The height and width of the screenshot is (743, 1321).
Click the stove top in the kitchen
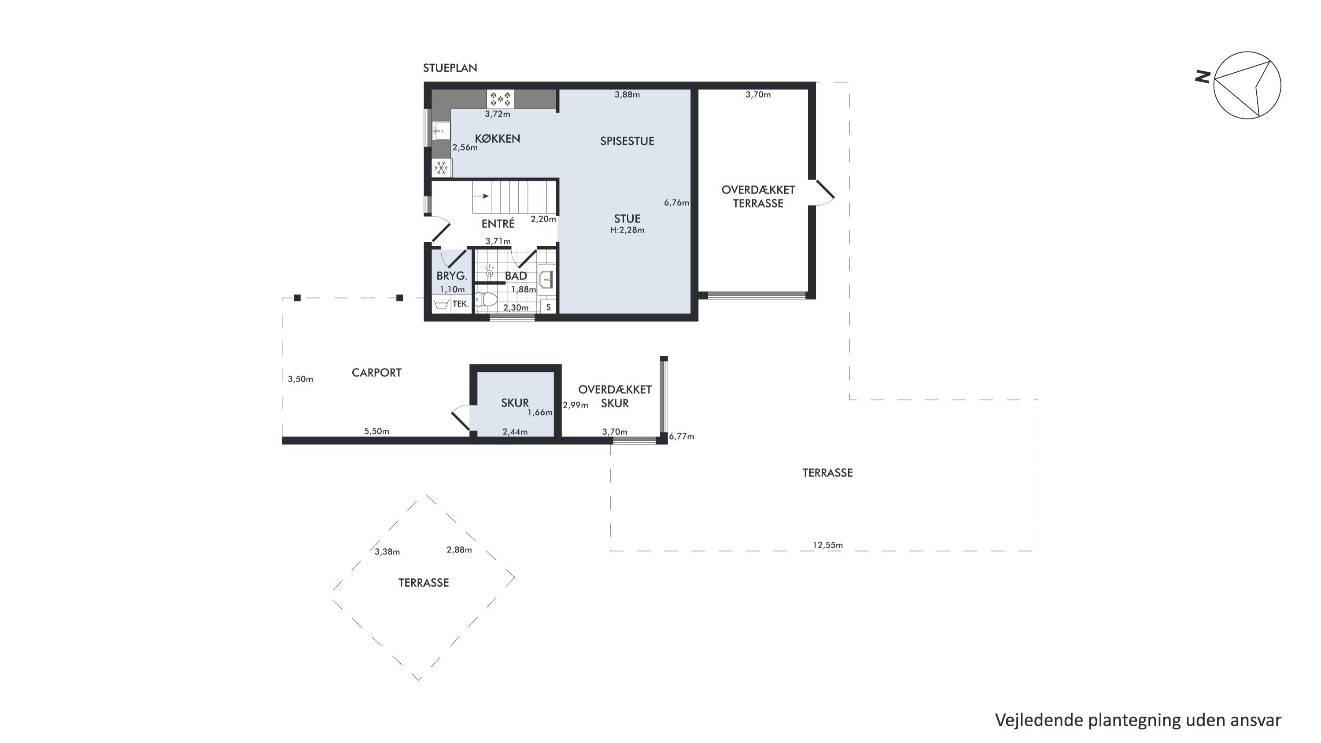tap(500, 99)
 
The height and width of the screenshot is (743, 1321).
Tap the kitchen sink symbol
tap(440, 131)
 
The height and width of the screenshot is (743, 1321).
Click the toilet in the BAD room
tap(486, 299)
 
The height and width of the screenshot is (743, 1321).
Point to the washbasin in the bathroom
tap(546, 280)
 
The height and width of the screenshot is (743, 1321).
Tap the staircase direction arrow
tap(482, 196)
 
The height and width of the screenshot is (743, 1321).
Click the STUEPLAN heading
tap(450, 68)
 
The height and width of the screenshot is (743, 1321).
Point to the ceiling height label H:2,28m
tap(627, 230)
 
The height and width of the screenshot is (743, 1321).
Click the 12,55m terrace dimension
tap(828, 545)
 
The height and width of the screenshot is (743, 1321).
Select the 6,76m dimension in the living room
tap(676, 203)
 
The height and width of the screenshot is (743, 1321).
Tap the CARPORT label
tap(376, 373)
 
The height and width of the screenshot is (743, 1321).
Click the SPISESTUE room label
tap(627, 141)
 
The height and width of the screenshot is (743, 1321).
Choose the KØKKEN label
tap(498, 138)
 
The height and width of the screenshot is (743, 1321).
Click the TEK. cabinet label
tap(461, 304)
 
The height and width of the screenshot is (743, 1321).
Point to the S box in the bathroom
tap(548, 307)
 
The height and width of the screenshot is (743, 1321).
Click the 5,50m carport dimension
tap(376, 431)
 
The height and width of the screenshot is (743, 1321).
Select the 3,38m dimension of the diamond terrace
tap(387, 552)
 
